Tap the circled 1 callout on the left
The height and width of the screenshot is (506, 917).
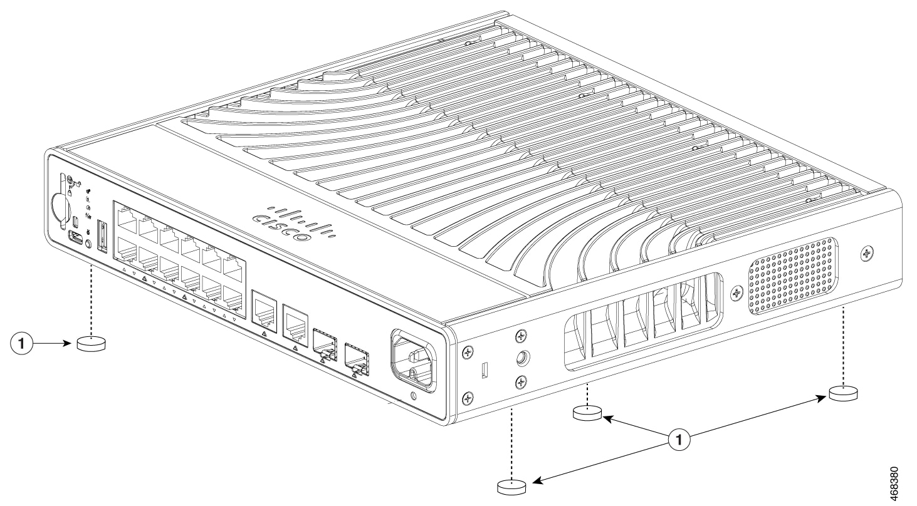(x=23, y=343)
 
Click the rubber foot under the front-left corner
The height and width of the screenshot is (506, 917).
(x=91, y=343)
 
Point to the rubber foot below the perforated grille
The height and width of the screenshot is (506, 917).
(x=843, y=393)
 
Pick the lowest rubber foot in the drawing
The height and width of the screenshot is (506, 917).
(x=511, y=487)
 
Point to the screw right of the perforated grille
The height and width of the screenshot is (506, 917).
(x=867, y=254)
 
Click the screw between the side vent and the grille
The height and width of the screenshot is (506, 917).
(x=737, y=292)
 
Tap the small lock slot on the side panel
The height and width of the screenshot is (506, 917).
(x=485, y=371)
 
